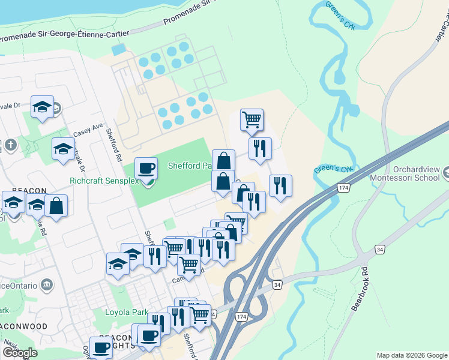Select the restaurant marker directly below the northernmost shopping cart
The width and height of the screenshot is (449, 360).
click(x=260, y=148)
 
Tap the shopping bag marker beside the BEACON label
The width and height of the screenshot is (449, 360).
click(x=56, y=206)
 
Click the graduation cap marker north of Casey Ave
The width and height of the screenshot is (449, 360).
click(x=42, y=107)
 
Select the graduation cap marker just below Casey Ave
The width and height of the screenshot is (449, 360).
click(x=63, y=149)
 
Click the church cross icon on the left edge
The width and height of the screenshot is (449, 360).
click(x=10, y=145)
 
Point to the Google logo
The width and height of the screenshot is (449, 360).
click(x=20, y=353)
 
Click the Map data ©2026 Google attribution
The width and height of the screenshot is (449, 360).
click(x=412, y=355)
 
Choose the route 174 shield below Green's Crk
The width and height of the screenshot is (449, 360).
click(x=342, y=188)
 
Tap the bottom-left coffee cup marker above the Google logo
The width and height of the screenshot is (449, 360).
click(x=101, y=347)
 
